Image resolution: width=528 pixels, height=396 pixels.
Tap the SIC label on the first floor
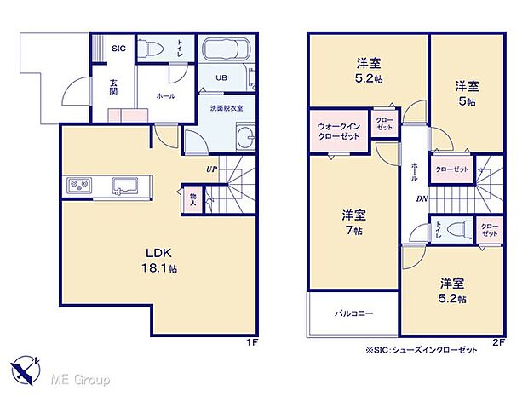point(118,49)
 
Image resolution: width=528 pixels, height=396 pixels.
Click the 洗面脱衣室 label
point(227,108)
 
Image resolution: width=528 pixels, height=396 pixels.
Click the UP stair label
point(210,169)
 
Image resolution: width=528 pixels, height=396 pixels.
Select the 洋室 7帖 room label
point(353,221)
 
